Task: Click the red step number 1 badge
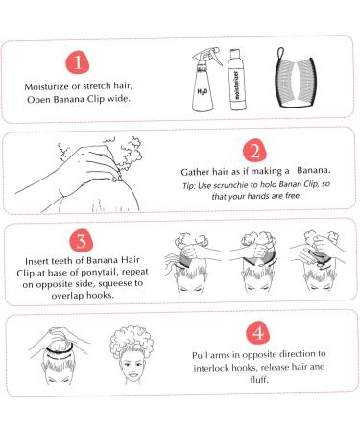click(78, 62)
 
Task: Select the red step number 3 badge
click(82, 241)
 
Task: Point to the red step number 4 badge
click(258, 333)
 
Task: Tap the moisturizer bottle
click(236, 80)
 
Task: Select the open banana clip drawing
click(295, 78)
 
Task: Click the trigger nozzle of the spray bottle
click(208, 56)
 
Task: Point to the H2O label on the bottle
click(203, 92)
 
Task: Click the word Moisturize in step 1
click(46, 87)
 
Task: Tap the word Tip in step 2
click(188, 186)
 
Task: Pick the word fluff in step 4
click(259, 379)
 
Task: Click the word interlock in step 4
click(211, 368)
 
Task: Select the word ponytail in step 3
click(100, 273)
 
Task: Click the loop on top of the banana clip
click(280, 52)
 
